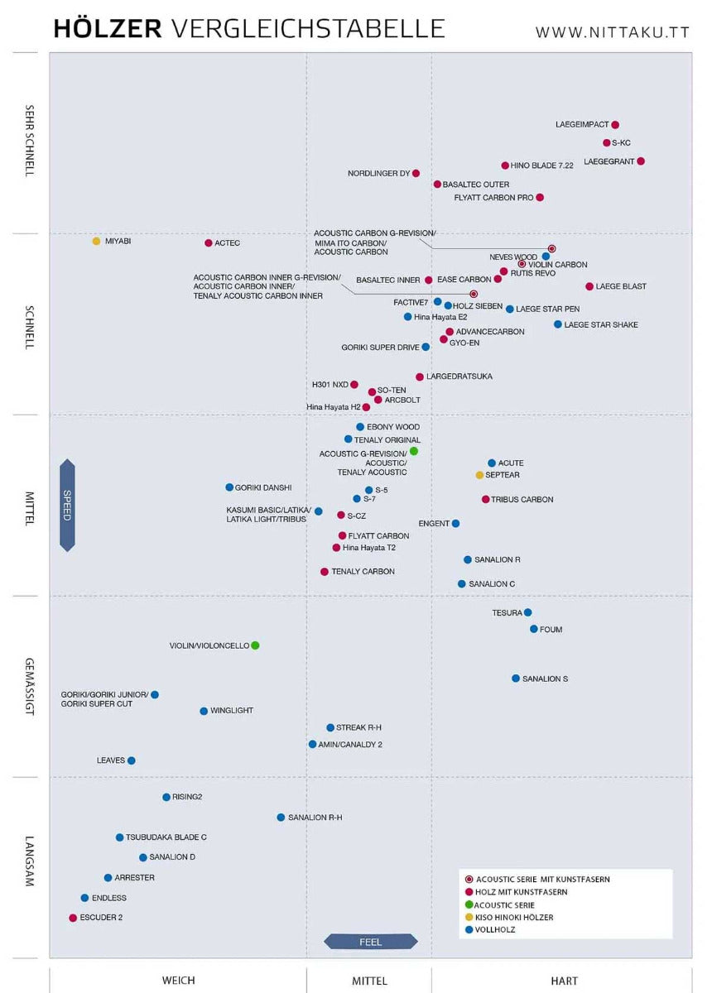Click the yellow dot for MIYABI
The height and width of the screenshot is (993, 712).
(x=96, y=241)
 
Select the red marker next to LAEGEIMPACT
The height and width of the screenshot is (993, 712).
(x=615, y=125)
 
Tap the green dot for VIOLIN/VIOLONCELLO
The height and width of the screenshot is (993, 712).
(x=255, y=645)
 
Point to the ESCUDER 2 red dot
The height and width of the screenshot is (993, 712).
(x=73, y=918)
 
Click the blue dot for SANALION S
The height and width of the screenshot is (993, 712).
(x=516, y=679)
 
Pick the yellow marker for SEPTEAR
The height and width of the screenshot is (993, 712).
(x=479, y=475)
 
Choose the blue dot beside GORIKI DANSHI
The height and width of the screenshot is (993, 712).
(x=229, y=487)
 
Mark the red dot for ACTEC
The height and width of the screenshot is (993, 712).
(x=209, y=243)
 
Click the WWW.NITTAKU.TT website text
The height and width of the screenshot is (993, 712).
(x=612, y=32)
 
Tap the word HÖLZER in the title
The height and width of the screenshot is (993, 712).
(x=108, y=28)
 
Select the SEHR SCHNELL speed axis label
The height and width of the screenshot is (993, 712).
(x=29, y=141)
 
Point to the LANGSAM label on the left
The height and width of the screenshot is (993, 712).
(x=29, y=861)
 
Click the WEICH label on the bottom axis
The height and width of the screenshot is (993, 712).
(x=178, y=980)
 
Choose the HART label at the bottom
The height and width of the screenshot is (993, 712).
(x=565, y=981)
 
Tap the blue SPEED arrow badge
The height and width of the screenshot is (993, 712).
(x=67, y=505)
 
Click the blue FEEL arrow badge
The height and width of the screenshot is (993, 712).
(x=370, y=942)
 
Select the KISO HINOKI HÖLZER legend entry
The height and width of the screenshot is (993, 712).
(x=509, y=917)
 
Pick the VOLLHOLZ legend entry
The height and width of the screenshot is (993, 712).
(x=490, y=929)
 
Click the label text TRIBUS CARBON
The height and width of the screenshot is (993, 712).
(x=522, y=500)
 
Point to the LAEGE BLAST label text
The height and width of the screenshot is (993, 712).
(x=621, y=286)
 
